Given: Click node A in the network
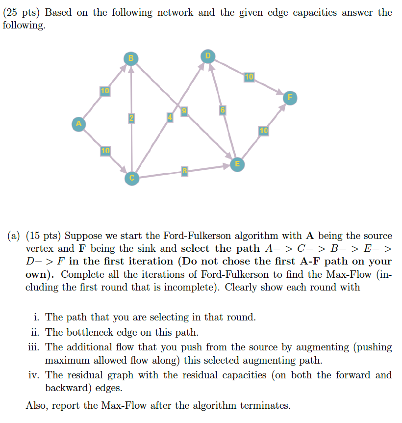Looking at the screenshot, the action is (77, 123).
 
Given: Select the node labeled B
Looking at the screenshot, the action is (130, 58).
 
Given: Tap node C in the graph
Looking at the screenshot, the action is (131, 178).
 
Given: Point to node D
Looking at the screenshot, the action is (207, 56).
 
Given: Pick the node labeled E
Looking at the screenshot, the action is (237, 163).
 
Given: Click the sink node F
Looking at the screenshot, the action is (290, 98).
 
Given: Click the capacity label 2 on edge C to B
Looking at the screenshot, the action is (131, 118).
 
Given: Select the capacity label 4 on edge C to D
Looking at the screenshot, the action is (170, 117).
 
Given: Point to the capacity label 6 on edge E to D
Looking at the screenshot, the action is (222, 110).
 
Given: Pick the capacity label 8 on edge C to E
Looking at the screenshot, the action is (184, 171).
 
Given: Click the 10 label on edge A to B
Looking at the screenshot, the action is (105, 91).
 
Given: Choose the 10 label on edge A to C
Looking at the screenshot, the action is (105, 150).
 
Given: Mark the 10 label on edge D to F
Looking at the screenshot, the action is (249, 77).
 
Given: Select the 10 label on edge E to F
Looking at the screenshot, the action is (264, 131).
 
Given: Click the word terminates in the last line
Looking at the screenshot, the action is (266, 406).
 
